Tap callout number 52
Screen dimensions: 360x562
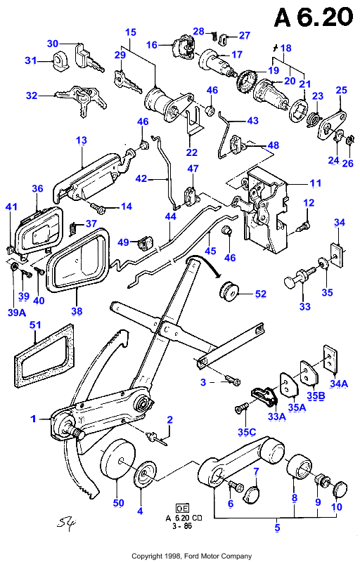[261, 294]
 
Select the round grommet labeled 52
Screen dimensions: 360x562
[228, 289]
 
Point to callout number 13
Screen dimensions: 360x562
[82, 140]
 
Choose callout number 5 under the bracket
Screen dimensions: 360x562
[277, 528]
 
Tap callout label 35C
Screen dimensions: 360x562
[247, 431]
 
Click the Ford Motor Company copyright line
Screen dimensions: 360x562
[191, 556]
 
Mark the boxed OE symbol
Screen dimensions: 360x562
[183, 508]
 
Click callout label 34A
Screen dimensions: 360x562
[339, 384]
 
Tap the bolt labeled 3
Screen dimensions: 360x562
[233, 380]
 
